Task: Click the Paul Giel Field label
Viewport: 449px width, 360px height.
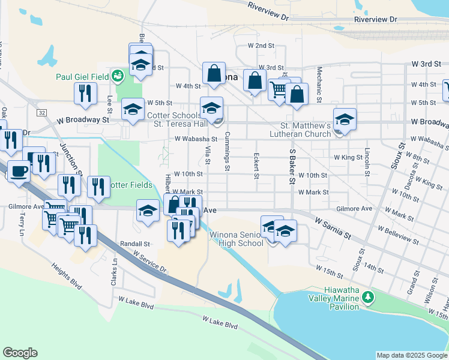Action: [82, 76]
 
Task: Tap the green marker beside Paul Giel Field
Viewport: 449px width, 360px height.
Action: [118, 76]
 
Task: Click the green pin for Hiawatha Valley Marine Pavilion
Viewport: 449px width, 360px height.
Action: [372, 297]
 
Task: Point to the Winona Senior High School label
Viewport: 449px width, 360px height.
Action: [237, 239]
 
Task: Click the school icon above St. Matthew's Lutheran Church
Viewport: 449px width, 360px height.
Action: [345, 119]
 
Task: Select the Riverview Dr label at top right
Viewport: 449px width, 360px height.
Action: [376, 19]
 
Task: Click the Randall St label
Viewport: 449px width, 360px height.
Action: [135, 244]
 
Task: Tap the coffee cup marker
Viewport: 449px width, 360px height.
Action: [18, 170]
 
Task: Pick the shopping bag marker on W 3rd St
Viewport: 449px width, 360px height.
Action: [214, 74]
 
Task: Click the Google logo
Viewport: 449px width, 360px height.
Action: [20, 353]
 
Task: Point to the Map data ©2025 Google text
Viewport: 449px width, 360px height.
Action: [412, 355]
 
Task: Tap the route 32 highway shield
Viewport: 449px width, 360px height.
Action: [41, 113]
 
